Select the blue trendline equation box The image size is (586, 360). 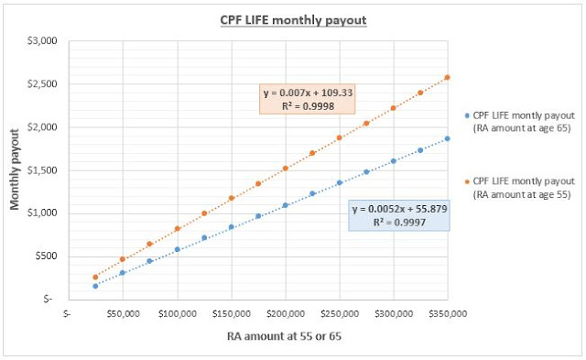click(399, 217)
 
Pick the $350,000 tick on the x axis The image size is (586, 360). click(448, 313)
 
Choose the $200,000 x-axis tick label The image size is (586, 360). click(286, 313)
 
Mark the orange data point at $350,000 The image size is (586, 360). click(448, 78)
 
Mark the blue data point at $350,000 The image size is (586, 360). click(448, 139)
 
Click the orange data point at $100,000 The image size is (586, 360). click(177, 229)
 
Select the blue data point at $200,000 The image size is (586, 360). click(286, 205)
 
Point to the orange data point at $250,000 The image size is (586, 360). click(340, 137)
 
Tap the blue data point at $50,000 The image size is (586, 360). click(123, 273)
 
